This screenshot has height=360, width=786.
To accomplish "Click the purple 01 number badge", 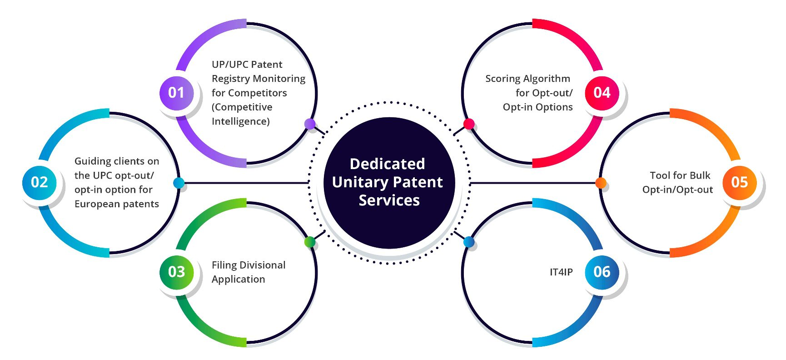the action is (x=176, y=93).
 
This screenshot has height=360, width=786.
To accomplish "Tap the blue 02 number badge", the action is (x=40, y=182).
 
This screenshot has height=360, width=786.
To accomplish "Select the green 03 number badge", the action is (x=176, y=272).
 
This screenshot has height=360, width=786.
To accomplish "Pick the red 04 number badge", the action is (x=602, y=93).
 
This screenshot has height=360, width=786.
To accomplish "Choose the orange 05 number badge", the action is (x=740, y=182).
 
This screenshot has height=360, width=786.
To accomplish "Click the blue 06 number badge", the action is (x=602, y=272).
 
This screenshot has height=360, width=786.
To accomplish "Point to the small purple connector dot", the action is (x=310, y=124).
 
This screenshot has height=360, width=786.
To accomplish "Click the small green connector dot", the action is (x=310, y=241).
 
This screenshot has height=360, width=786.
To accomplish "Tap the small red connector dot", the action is (x=469, y=124).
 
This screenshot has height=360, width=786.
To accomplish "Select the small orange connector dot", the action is (x=601, y=183).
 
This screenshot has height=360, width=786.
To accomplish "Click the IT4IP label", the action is (x=561, y=272).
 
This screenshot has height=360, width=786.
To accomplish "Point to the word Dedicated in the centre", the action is (x=388, y=164).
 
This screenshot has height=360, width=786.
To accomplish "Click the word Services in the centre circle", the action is (x=389, y=200).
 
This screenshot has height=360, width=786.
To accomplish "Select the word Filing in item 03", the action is (x=224, y=265).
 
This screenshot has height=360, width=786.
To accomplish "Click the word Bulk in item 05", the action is (x=700, y=175).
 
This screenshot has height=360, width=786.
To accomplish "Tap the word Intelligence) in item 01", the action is (x=241, y=122).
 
